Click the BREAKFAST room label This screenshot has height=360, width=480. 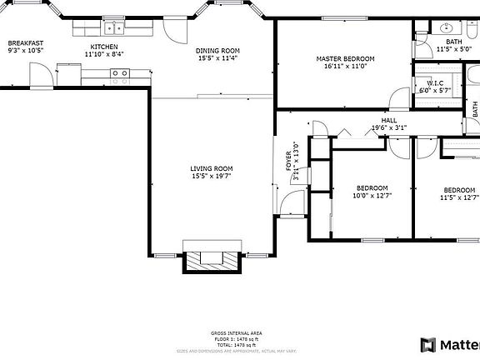25,42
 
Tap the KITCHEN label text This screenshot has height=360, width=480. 104,47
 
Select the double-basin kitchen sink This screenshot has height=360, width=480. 119,73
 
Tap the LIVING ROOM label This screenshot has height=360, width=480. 211,168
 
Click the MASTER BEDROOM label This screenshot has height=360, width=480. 345,58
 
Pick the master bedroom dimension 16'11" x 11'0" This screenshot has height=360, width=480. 345,67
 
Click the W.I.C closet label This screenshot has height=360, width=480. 435,83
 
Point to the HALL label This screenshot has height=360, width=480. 388,121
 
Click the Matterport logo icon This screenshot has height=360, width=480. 427,344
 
